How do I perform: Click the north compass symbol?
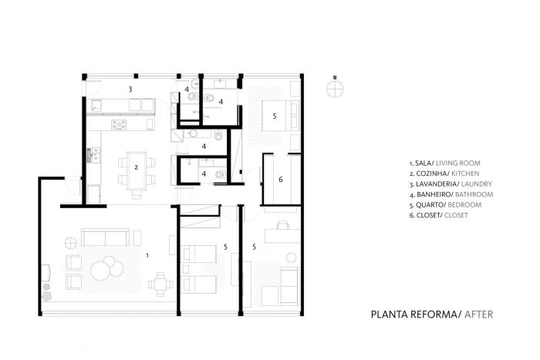point(335,88)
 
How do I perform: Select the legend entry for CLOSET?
point(438,215)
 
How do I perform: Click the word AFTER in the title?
point(479,315)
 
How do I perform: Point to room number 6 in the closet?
point(281,180)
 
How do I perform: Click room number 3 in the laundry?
point(130,89)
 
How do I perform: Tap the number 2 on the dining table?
point(136,167)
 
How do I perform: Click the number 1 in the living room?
point(147,256)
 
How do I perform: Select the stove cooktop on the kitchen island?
point(119,125)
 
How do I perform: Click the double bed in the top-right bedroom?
point(280,116)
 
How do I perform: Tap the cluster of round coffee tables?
point(106,267)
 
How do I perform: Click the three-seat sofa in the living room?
point(105,237)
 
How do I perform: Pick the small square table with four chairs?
point(160,284)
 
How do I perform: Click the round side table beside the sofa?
point(71,244)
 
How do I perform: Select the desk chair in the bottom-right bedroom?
point(282,225)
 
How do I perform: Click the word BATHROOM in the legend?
point(474,194)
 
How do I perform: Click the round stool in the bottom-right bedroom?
point(292,257)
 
